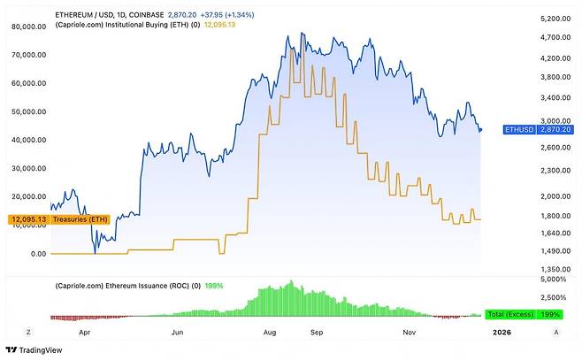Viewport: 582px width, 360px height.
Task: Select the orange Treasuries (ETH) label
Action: [43, 218]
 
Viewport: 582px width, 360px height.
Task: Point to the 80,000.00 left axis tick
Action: [28, 27]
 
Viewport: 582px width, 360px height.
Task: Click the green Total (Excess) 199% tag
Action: [529, 314]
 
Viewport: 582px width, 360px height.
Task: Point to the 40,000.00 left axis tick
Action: [28, 140]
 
